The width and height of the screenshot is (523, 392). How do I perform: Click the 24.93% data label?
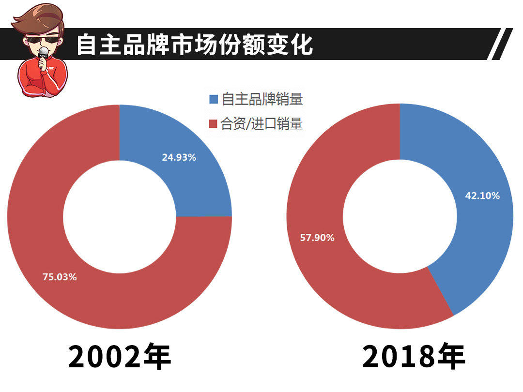(x=179, y=157)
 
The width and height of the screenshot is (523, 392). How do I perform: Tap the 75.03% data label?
(x=60, y=277)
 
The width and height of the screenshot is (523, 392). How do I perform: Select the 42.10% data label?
(x=482, y=196)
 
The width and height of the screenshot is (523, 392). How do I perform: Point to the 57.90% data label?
(x=317, y=238)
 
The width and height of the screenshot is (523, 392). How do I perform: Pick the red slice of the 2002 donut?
(x=97, y=300)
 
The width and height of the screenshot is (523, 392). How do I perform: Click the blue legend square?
(x=214, y=100)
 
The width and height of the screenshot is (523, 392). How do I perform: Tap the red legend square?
(x=214, y=124)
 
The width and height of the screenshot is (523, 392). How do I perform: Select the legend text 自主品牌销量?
(x=262, y=100)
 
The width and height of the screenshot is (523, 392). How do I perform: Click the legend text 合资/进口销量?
(x=261, y=124)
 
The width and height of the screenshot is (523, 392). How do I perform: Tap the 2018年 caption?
(x=414, y=357)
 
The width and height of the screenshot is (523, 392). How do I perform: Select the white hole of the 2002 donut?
(x=120, y=216)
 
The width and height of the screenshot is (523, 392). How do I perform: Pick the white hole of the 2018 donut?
(x=400, y=216)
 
